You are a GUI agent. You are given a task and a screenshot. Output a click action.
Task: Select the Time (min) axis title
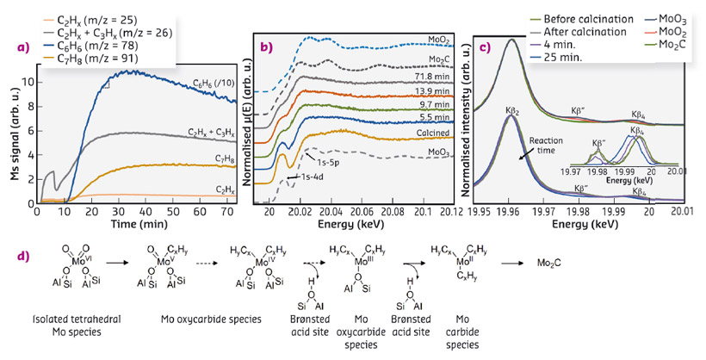tap(133, 227)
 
